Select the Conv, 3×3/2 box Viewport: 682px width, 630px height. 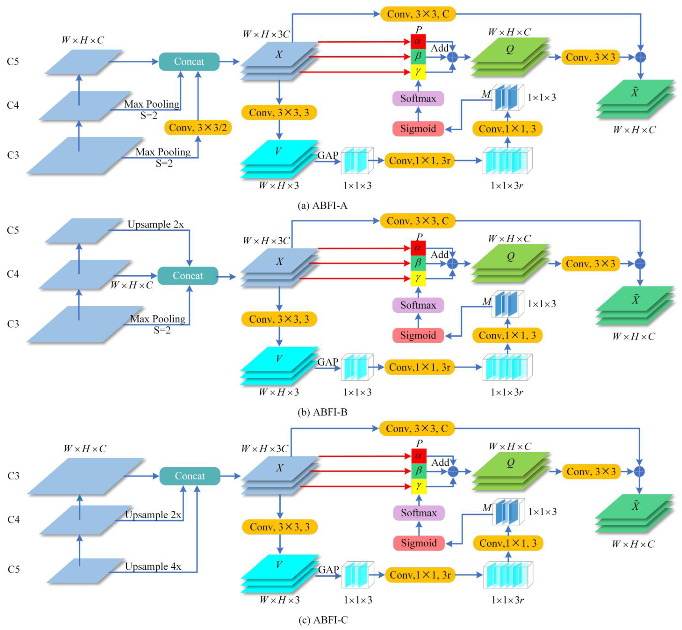coord(198,128)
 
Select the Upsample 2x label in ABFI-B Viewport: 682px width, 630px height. coord(156,224)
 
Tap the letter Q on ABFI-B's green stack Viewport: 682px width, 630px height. coord(510,256)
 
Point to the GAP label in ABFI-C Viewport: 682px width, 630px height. coord(328,570)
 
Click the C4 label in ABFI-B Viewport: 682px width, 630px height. coord(13,274)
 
